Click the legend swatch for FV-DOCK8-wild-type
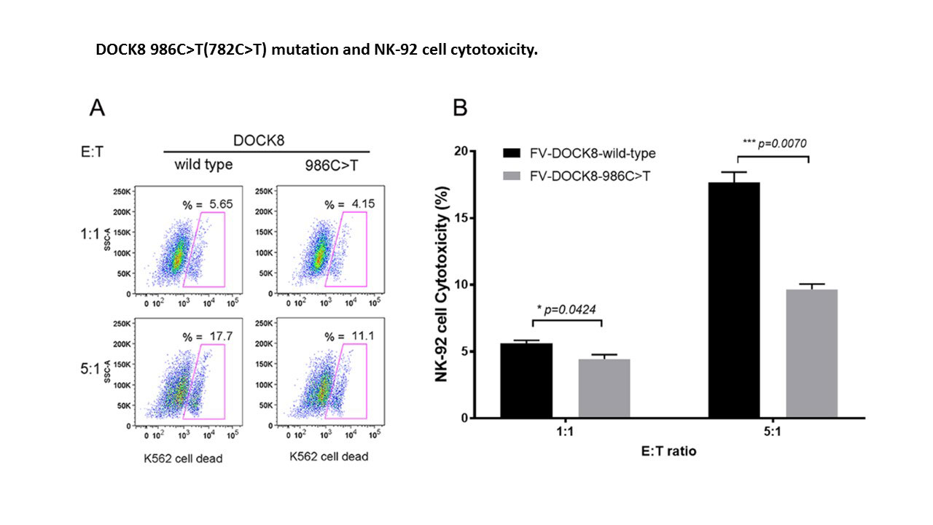pyautogui.click(x=520, y=153)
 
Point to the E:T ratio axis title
pyautogui.click(x=668, y=451)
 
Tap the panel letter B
pyautogui.click(x=460, y=108)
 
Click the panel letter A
pyautogui.click(x=97, y=109)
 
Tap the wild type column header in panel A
pyautogui.click(x=203, y=165)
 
